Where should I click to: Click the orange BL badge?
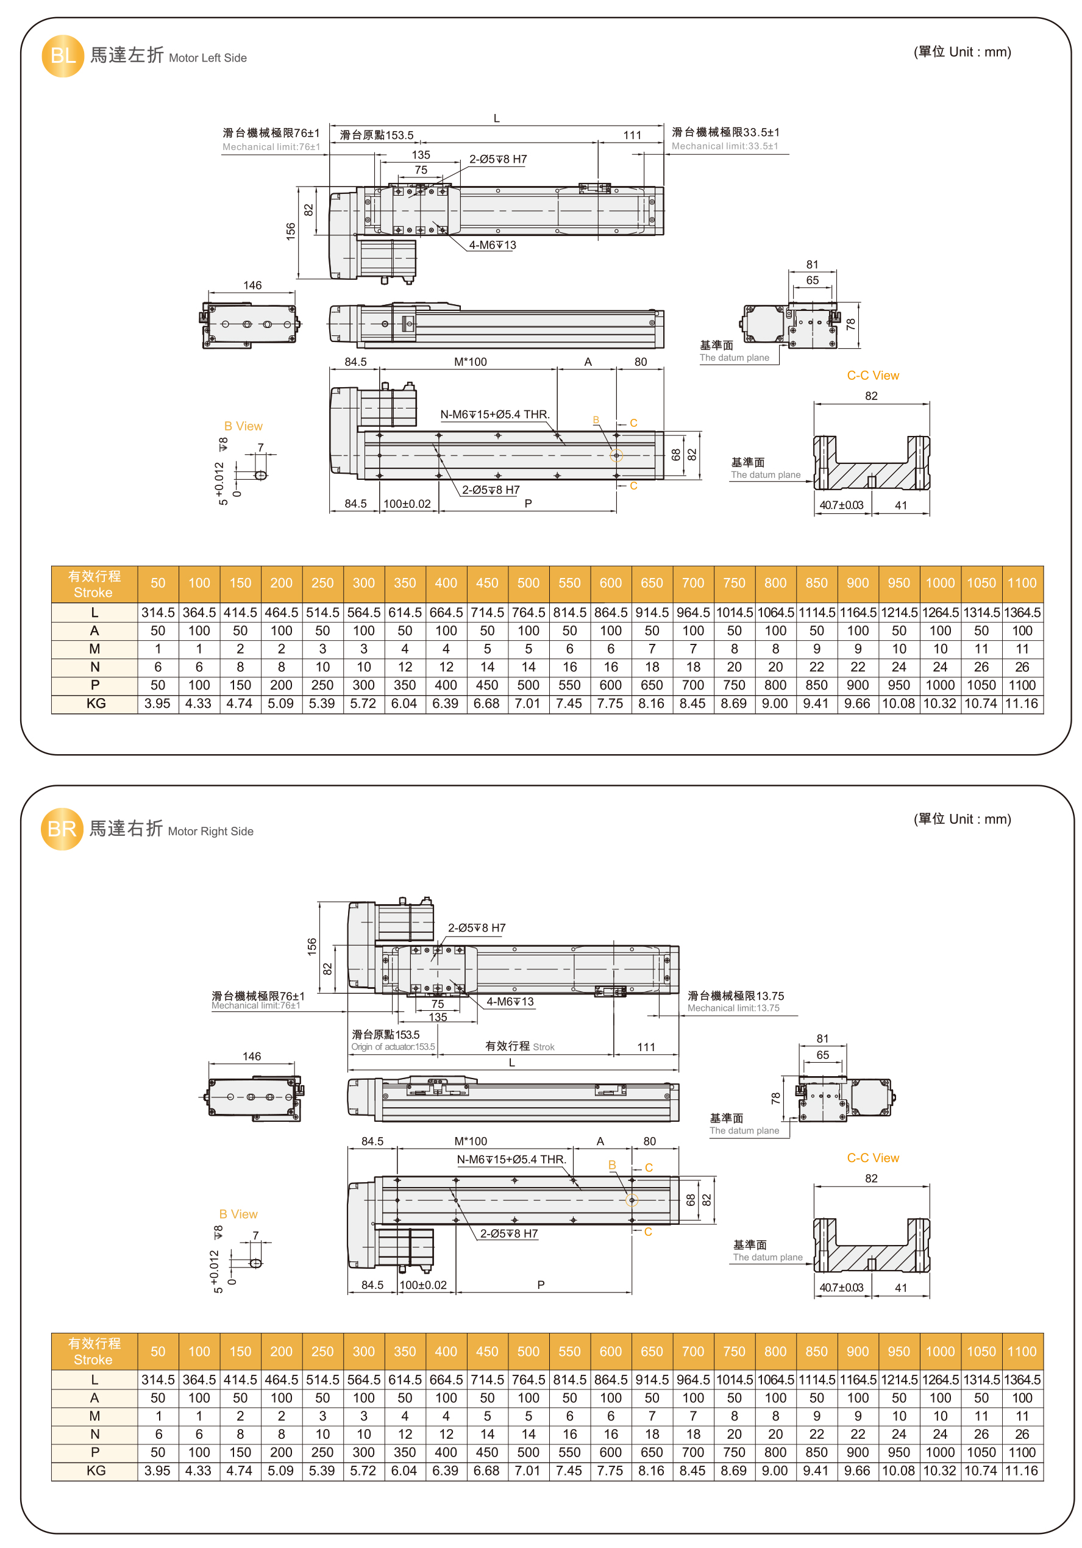coord(63,56)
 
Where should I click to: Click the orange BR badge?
coord(62,829)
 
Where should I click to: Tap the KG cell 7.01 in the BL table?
coord(528,704)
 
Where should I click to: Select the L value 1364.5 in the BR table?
coord(1022,1380)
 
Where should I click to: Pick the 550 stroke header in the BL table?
coord(570,583)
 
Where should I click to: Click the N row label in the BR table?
coord(94,1435)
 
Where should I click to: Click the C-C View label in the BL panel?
coord(872,376)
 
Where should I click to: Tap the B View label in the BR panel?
coord(238,1215)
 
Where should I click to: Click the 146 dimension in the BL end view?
coord(252,285)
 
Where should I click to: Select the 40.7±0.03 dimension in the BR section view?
coord(841,1288)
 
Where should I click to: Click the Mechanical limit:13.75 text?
coord(733,1008)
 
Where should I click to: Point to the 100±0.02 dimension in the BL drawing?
coord(407,504)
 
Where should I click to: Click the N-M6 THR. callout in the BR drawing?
coord(510,1160)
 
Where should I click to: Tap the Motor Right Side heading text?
coord(210,831)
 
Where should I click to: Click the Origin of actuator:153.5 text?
coord(393,1047)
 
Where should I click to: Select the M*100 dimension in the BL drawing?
coord(470,362)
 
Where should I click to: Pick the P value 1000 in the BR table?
coord(940,1453)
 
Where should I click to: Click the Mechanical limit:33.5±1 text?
coord(724,146)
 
